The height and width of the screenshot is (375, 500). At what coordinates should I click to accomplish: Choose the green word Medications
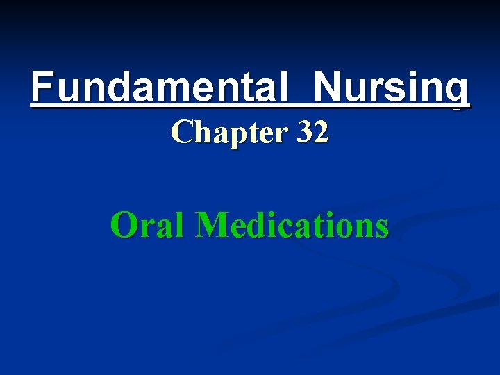292,225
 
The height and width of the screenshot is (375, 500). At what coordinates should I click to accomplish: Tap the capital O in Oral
124,225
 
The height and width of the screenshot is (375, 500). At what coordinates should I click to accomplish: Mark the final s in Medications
381,228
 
